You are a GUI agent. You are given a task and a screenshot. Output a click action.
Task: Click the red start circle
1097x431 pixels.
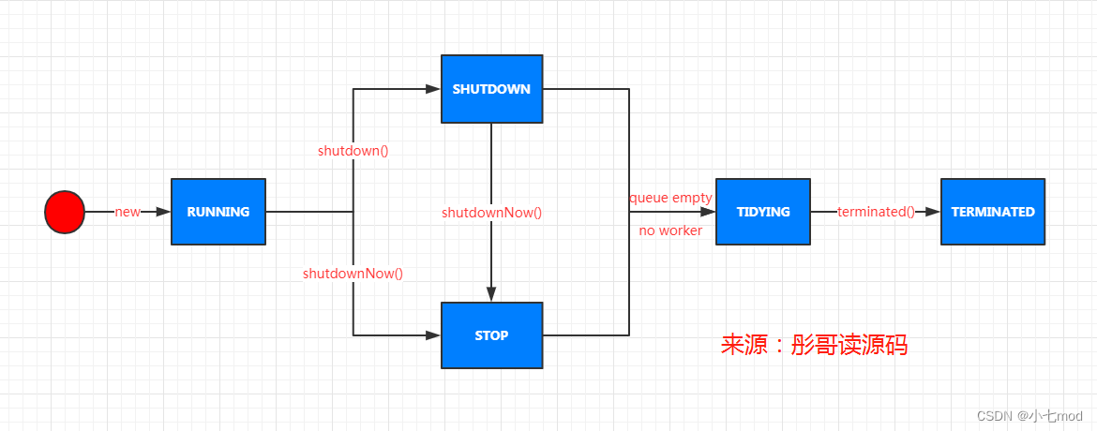(x=65, y=212)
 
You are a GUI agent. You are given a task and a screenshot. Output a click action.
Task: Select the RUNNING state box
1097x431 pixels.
(x=218, y=212)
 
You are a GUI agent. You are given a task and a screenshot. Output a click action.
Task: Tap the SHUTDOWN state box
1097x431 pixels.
(x=492, y=89)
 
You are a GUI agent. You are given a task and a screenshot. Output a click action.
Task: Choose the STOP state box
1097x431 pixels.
(x=492, y=335)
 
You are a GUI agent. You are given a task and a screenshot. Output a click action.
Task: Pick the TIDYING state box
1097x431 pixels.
(x=762, y=212)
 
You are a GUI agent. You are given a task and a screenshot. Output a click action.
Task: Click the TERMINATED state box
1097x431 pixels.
(x=993, y=212)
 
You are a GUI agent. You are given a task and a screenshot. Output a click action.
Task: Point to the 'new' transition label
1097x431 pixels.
(x=128, y=212)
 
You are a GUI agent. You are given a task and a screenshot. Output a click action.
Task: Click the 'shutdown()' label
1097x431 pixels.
(x=353, y=151)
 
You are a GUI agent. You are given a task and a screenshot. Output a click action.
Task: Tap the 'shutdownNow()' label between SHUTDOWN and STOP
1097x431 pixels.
(x=492, y=212)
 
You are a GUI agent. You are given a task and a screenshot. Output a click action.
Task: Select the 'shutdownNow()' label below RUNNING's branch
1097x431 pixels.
(x=353, y=274)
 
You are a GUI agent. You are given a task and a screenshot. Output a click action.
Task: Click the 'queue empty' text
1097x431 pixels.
(x=670, y=198)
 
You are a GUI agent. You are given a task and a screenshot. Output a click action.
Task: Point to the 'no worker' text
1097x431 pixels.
(x=670, y=230)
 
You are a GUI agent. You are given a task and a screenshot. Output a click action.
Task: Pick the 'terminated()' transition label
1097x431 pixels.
(x=876, y=212)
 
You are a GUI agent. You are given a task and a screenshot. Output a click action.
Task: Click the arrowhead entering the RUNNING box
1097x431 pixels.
(x=163, y=212)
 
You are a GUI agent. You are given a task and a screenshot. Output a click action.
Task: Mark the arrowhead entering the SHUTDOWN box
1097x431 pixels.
(x=433, y=89)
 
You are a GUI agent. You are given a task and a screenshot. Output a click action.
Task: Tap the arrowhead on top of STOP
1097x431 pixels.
(x=492, y=294)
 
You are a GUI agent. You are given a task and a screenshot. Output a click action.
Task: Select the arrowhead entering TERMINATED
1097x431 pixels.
(x=933, y=212)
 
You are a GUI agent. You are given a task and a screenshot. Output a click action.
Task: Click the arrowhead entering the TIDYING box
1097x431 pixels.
(x=707, y=212)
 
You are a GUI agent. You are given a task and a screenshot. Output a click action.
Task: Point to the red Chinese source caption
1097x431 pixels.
(x=815, y=345)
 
